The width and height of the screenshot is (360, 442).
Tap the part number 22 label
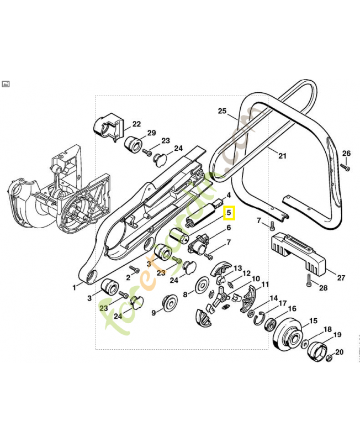(136, 124)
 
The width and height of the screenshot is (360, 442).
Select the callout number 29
(151, 133)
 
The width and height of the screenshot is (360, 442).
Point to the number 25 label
(223, 111)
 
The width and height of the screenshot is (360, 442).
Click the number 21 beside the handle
(282, 156)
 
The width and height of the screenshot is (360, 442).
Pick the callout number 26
(346, 153)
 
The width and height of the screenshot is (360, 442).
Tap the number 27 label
(341, 278)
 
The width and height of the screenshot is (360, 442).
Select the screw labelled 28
(309, 283)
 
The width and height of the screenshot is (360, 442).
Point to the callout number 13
(237, 268)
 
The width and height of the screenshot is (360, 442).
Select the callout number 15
(313, 321)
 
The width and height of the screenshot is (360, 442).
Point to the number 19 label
(337, 334)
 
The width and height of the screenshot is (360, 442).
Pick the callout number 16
(292, 309)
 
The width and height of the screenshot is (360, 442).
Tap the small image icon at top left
(6, 84)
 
